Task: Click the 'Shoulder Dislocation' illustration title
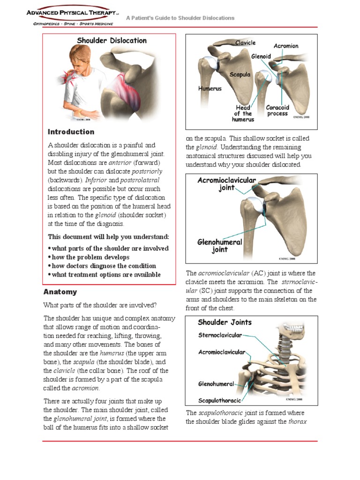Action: click(112, 41)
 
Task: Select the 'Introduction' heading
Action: click(71, 132)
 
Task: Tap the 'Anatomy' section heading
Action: click(60, 292)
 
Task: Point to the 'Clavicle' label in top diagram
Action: click(245, 43)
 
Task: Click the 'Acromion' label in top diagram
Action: click(285, 46)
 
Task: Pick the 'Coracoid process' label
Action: click(277, 111)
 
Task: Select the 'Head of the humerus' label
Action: click(243, 113)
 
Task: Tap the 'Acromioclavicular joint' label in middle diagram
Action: click(226, 184)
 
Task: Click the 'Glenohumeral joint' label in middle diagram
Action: click(219, 246)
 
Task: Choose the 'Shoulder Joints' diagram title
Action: click(225, 322)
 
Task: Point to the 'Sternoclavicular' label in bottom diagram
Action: click(220, 335)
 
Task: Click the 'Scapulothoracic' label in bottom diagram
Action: click(219, 401)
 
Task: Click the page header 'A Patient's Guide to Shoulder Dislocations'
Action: click(180, 18)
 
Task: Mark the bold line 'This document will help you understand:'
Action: click(109, 237)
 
